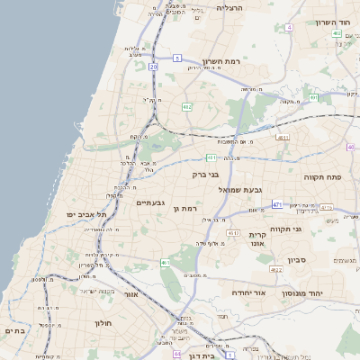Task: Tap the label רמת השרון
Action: click(x=224, y=61)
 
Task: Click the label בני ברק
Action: click(x=206, y=175)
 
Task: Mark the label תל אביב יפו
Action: click(x=86, y=215)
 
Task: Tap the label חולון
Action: click(x=100, y=321)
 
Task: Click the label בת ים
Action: click(x=14, y=330)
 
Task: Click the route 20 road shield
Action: click(x=154, y=67)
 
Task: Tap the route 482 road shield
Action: click(x=187, y=107)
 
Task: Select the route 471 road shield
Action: click(x=276, y=204)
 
